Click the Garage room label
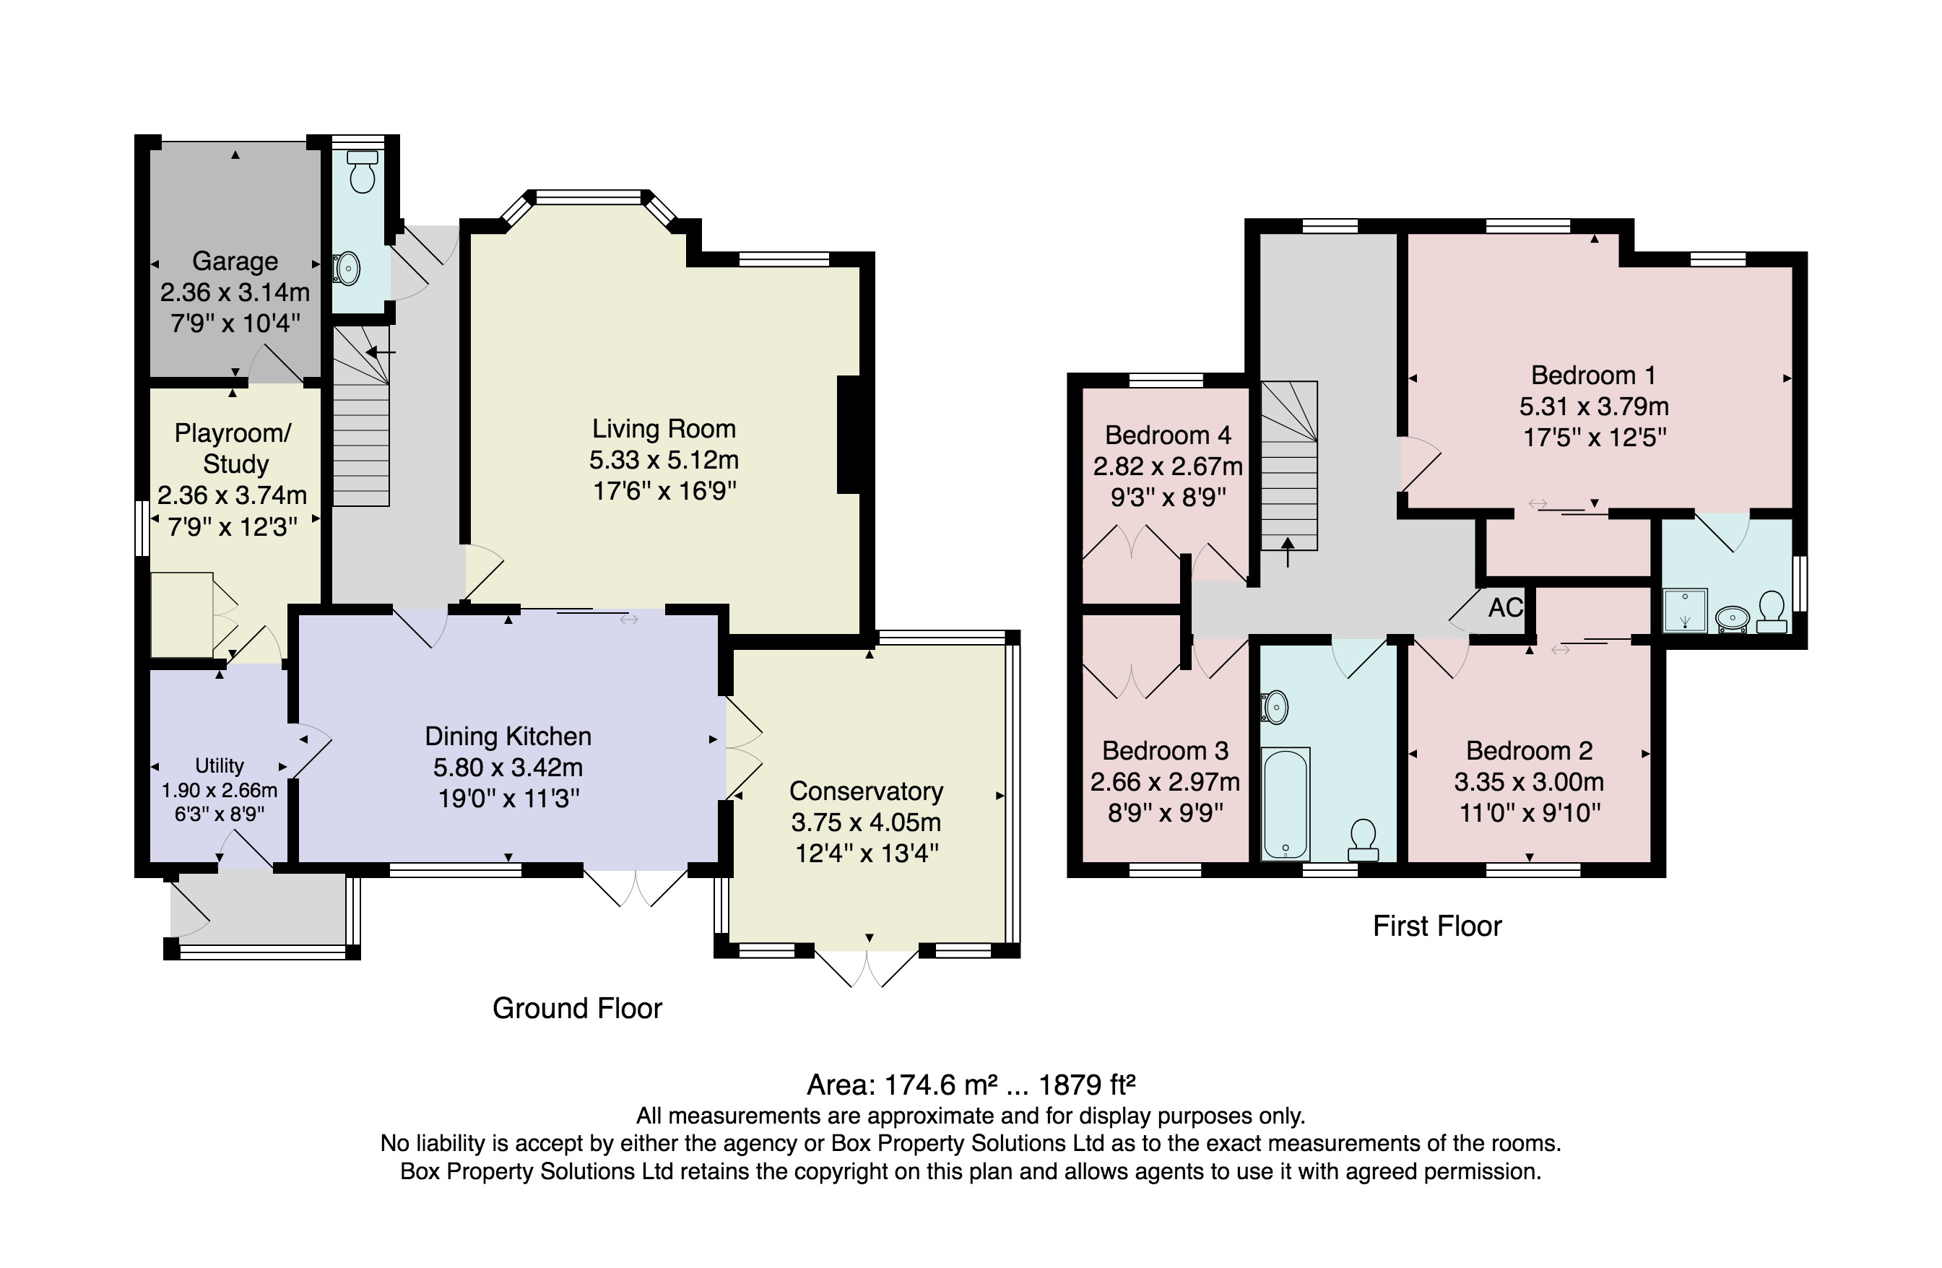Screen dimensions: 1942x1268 click(235, 261)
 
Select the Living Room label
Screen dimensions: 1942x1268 click(664, 428)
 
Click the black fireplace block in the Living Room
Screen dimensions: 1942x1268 click(849, 434)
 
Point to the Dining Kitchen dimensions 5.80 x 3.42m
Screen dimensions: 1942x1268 click(508, 767)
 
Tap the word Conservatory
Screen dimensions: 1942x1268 click(866, 791)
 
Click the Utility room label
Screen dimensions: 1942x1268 click(219, 765)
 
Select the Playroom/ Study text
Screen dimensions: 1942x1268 click(234, 448)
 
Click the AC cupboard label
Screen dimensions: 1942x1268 click(1506, 607)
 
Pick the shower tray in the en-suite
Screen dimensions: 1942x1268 click(1684, 610)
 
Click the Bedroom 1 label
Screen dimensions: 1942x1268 click(1594, 375)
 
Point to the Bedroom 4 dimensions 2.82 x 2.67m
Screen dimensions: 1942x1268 click(1168, 466)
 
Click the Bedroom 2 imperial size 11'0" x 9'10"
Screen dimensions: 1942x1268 click(1529, 812)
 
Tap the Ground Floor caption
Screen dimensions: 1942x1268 click(577, 1009)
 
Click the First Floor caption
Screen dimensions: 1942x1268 click(1437, 926)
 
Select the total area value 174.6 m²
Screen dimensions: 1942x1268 click(941, 1085)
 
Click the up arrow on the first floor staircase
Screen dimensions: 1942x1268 click(1288, 552)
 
